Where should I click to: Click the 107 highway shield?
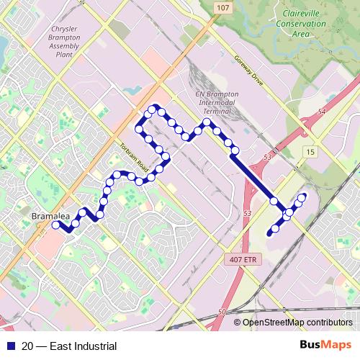tap(221, 7)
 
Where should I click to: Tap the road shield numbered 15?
tap(310, 152)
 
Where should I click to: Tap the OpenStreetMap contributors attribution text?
tap(297, 323)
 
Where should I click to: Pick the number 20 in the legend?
tap(27, 346)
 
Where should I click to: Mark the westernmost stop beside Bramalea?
tap(55, 225)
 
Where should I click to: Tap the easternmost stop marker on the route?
tap(302, 197)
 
